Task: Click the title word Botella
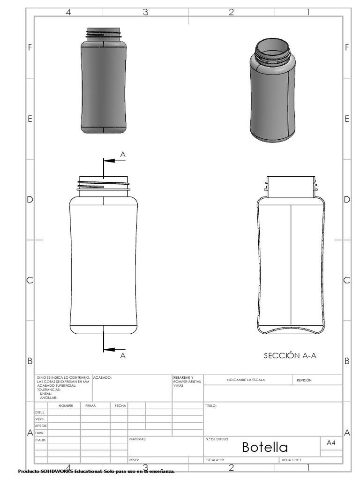(265, 447)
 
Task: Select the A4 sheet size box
(331, 442)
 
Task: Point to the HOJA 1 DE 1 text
(291, 460)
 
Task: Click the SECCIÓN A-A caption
(290, 356)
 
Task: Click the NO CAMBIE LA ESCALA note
(246, 380)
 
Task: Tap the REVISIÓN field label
(304, 380)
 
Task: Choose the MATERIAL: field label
(137, 439)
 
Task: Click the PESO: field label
(134, 460)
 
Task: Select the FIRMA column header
(90, 405)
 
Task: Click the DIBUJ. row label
(40, 412)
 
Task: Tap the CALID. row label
(41, 440)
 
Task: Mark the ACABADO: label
(102, 377)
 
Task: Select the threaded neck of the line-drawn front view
(104, 186)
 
